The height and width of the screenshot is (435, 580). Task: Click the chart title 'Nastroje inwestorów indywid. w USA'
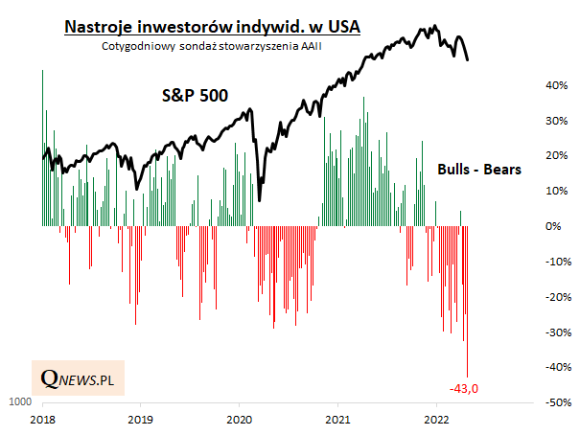[212, 27]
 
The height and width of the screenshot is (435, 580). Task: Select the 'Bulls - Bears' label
[478, 169]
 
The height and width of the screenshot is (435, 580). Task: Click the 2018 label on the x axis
[42, 420]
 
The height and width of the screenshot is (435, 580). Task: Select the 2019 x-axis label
[141, 420]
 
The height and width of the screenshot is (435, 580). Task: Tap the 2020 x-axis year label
[240, 420]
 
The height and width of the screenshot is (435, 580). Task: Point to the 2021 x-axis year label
[337, 420]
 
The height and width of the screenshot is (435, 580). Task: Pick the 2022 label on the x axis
[436, 420]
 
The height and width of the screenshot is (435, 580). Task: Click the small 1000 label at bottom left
[19, 402]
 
